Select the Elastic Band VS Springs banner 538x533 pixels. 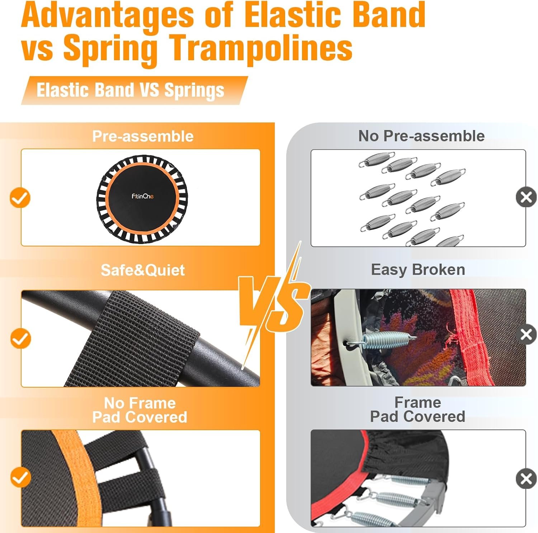tap(134, 90)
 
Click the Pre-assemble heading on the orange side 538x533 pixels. tap(143, 136)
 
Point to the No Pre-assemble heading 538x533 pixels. tap(421, 136)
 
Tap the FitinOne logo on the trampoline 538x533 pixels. tap(142, 196)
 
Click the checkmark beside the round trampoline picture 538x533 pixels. tap(20, 197)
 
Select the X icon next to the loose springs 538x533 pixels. tap(526, 197)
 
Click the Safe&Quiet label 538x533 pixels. tap(143, 270)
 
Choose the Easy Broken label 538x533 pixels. tap(418, 269)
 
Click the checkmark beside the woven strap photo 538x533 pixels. tap(20, 338)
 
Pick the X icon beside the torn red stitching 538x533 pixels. tap(526, 335)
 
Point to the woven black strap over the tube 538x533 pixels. tap(133, 338)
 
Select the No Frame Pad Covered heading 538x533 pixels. tap(140, 410)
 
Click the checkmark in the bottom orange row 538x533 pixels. tap(20, 477)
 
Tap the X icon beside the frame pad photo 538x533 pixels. tap(526, 478)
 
